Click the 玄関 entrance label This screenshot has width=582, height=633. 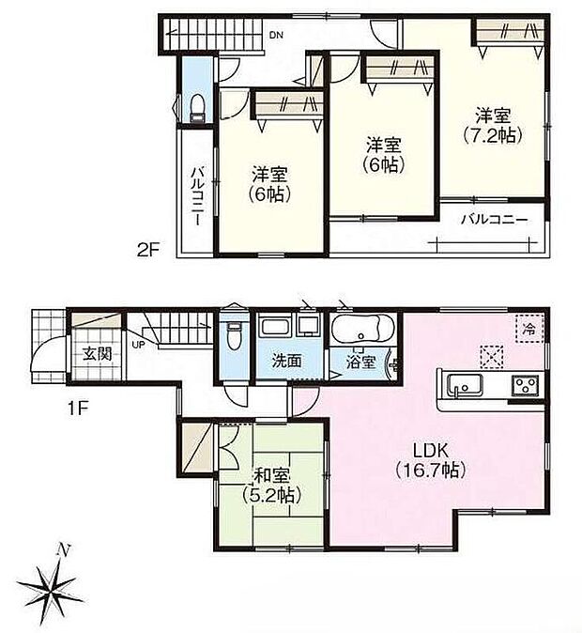coord(91,354)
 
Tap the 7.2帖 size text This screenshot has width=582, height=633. coord(492,133)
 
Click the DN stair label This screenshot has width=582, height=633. coord(276,36)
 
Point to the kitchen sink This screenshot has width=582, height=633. coord(464,385)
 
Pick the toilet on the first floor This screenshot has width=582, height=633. coord(235,334)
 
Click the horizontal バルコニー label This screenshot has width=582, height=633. coord(494,220)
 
